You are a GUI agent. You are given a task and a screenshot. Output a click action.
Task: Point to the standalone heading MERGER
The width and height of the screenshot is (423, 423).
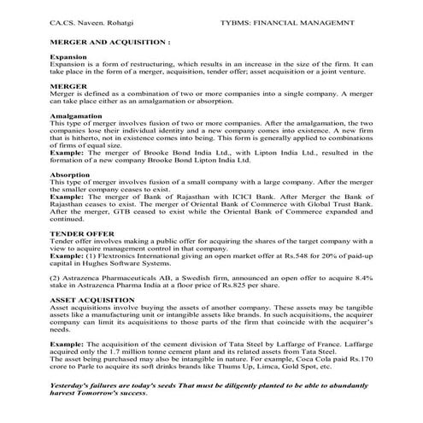67,86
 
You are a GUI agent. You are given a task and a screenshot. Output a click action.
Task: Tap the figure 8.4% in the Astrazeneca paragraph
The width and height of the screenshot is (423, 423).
364,277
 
